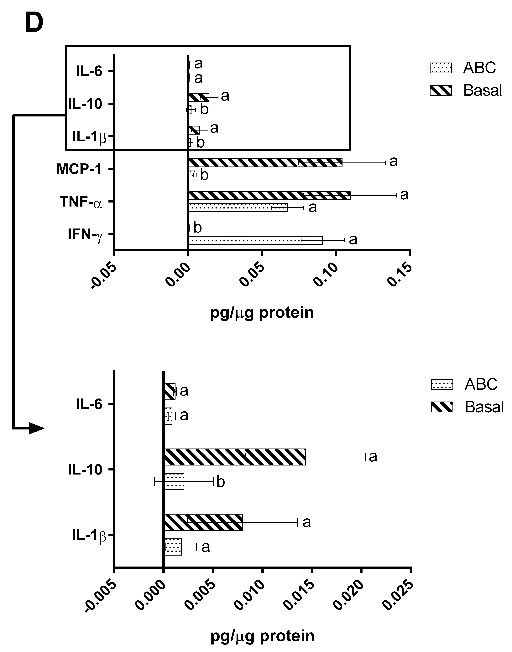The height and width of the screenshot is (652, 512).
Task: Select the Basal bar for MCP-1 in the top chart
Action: pyautogui.click(x=265, y=163)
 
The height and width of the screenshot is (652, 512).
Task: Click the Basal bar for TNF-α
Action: pyautogui.click(x=269, y=195)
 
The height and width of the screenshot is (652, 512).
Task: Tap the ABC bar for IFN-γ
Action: pyautogui.click(x=255, y=240)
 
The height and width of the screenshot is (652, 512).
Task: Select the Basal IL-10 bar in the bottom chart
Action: pyautogui.click(x=234, y=457)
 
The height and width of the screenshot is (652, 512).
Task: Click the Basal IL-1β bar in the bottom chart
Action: pyautogui.click(x=203, y=523)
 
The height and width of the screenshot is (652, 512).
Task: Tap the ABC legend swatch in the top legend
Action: pyautogui.click(x=440, y=68)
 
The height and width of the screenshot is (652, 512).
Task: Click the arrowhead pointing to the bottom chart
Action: pyautogui.click(x=37, y=428)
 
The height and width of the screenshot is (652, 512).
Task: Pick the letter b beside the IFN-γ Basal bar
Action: pyautogui.click(x=198, y=228)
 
